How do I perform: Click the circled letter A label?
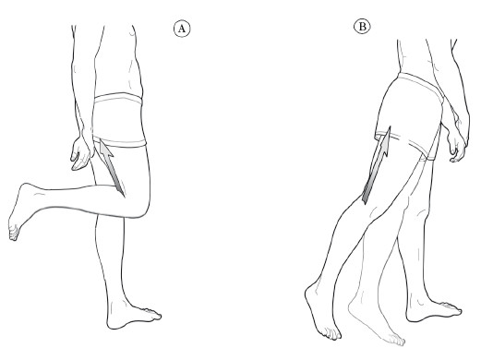182,29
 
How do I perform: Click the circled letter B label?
362,27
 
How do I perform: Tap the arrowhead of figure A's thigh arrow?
105,150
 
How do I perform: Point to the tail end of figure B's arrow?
365,199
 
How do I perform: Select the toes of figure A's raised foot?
14,234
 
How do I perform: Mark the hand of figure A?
81,150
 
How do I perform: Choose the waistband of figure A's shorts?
118,98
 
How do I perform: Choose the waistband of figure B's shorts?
421,84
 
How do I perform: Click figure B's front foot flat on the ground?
433,310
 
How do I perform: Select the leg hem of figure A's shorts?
120,143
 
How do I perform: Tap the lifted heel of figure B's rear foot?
309,291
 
